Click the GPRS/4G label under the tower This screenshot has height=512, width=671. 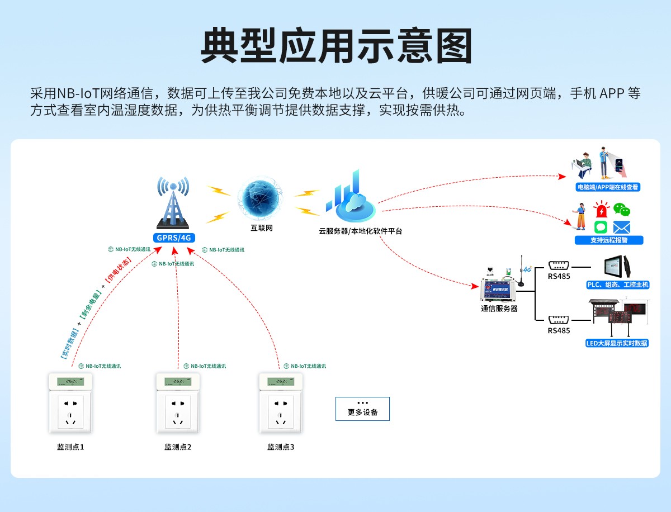[x=173, y=238]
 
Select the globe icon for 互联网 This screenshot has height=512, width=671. [x=261, y=199]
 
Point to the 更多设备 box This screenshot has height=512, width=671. [x=362, y=409]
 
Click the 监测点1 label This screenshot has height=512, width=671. [x=70, y=447]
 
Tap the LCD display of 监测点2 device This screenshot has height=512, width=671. [x=178, y=381]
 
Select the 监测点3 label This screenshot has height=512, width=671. [x=281, y=447]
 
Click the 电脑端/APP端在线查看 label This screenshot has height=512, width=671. [x=608, y=187]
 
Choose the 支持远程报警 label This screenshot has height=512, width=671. [x=609, y=240]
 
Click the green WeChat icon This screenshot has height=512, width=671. [x=621, y=210]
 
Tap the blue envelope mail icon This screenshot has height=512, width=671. [x=621, y=227]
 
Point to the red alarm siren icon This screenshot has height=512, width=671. [x=601, y=210]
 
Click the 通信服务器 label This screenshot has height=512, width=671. [x=499, y=308]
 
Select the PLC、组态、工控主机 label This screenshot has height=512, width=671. [x=618, y=285]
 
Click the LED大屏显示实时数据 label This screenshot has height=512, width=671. [x=617, y=343]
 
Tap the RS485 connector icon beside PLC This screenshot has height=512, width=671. [x=559, y=266]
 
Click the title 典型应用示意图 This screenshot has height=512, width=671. [x=335, y=46]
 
